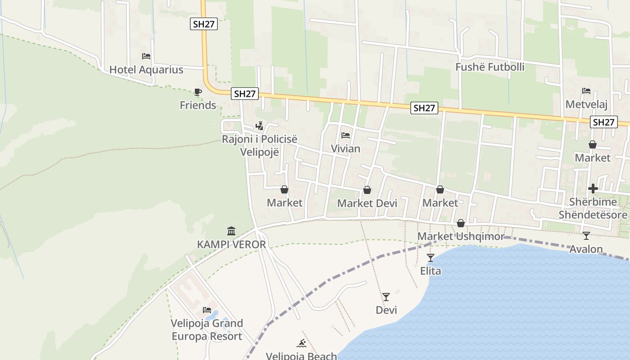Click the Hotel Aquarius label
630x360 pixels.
tap(146, 70)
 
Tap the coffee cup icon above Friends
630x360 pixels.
tap(198, 92)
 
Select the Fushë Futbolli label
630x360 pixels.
tap(490, 67)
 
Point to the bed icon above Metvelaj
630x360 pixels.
tap(586, 91)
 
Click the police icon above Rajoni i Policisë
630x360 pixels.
tap(259, 126)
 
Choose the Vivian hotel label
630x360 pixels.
tap(346, 148)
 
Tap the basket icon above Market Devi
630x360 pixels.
tap(367, 190)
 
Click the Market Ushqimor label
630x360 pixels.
tap(461, 236)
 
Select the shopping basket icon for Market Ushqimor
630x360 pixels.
tap(461, 223)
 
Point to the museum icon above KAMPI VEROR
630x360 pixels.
tap(231, 231)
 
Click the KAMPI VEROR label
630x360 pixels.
tap(231, 244)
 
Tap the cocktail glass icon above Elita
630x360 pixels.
tap(431, 258)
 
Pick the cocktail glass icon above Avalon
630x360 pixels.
tap(586, 236)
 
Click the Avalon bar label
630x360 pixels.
tap(586, 249)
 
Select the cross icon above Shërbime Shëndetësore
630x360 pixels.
tap(593, 189)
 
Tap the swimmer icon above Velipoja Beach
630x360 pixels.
tap(301, 344)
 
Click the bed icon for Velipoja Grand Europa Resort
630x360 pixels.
tap(207, 310)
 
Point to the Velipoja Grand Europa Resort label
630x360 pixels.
tap(207, 330)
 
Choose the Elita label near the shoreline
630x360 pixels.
tap(431, 271)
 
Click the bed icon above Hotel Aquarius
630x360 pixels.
tap(146, 56)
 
